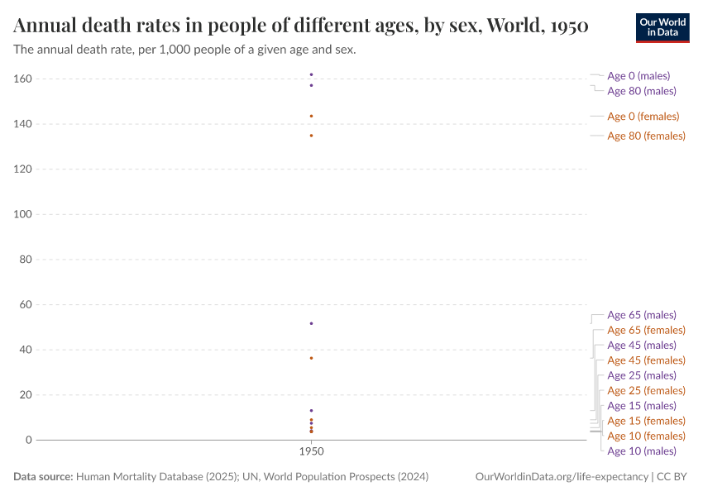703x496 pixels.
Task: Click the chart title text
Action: click(301, 26)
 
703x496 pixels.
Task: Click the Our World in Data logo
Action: click(662, 27)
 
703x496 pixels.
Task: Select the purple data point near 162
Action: click(311, 74)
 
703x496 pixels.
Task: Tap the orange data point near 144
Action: click(311, 116)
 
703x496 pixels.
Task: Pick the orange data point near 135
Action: click(311, 136)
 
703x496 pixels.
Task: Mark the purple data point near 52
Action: click(311, 323)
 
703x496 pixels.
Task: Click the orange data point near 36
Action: click(311, 358)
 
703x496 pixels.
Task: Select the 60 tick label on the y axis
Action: click(25, 305)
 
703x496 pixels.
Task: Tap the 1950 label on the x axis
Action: click(311, 453)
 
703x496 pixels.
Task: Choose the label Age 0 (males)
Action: click(638, 76)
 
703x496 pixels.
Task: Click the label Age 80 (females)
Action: click(646, 136)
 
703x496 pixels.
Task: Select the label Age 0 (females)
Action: click(643, 117)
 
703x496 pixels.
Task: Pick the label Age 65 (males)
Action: click(641, 315)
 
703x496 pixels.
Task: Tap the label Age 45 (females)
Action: click(646, 360)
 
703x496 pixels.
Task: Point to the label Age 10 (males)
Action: click(641, 451)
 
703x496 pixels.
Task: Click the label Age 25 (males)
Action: click(641, 375)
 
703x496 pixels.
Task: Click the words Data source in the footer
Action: click(43, 477)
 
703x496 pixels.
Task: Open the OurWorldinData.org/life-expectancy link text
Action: click(562, 477)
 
